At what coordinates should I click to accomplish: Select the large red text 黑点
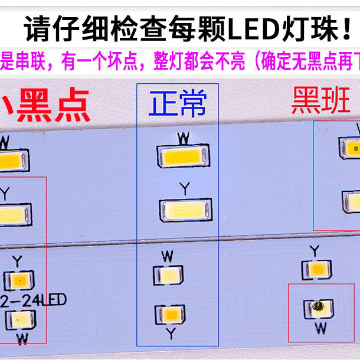point(53,105)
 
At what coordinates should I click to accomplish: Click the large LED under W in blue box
point(183,155)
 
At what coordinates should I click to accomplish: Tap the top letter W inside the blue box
point(184,138)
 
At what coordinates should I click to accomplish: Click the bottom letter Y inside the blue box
point(170,334)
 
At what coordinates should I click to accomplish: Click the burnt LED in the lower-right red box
point(318,307)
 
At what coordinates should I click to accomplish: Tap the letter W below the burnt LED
point(318,328)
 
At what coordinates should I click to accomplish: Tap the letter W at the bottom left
point(22,339)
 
